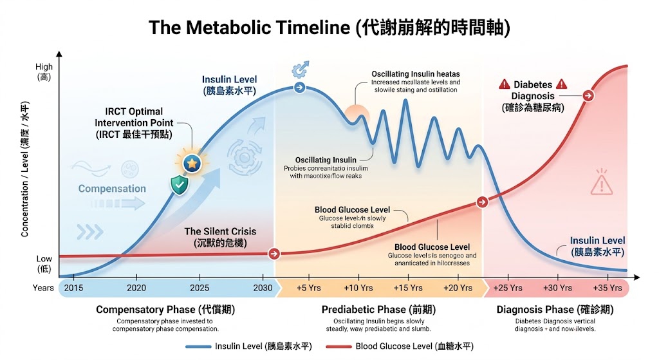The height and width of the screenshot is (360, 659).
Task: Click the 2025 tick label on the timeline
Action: pyautogui.click(x=199, y=288)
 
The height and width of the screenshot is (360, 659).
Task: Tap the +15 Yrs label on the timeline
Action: pyautogui.click(x=408, y=288)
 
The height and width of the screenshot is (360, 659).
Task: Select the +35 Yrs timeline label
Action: pyautogui.click(x=608, y=288)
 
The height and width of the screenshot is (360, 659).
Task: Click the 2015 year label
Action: pyautogui.click(x=73, y=288)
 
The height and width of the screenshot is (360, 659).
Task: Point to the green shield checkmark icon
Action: pyautogui.click(x=179, y=185)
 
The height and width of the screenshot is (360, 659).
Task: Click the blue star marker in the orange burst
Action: pyautogui.click(x=192, y=164)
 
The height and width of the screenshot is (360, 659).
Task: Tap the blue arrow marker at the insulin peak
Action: pyautogui.click(x=299, y=87)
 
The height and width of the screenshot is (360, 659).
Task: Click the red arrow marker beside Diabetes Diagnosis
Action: pyautogui.click(x=588, y=96)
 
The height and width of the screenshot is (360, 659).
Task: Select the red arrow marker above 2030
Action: pyautogui.click(x=274, y=254)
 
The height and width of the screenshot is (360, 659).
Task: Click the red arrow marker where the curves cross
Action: pyautogui.click(x=481, y=202)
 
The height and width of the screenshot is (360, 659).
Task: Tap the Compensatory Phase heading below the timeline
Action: pyautogui.click(x=165, y=310)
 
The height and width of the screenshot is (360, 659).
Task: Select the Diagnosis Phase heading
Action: pyautogui.click(x=555, y=310)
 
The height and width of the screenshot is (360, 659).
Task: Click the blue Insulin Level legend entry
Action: pyautogui.click(x=248, y=346)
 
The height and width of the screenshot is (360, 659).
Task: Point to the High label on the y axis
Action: pyautogui.click(x=44, y=67)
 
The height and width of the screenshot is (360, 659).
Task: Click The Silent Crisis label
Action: pyautogui.click(x=220, y=232)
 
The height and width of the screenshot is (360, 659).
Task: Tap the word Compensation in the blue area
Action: pyautogui.click(x=112, y=189)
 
